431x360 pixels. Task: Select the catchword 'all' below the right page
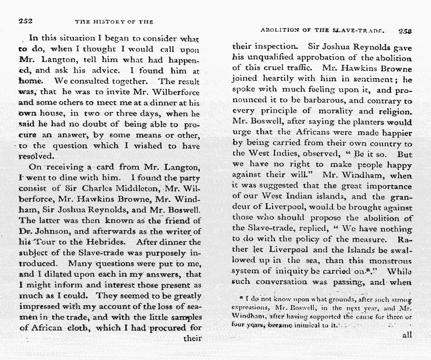click(x=407, y=335)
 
